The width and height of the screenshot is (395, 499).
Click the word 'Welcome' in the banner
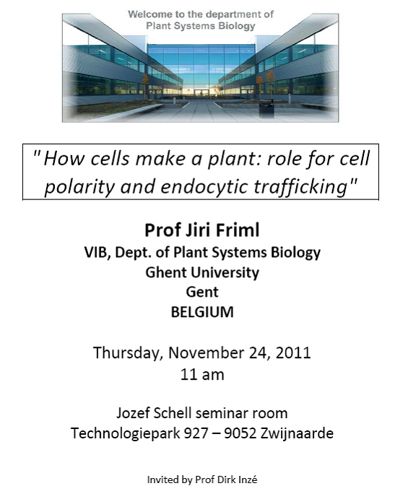point(145,14)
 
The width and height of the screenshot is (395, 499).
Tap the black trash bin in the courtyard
point(266,108)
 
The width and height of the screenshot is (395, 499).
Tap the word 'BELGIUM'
point(202,312)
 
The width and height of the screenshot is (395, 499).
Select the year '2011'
point(293,352)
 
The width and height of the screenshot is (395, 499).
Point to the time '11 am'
point(202,374)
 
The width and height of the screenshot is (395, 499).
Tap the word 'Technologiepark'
point(125,433)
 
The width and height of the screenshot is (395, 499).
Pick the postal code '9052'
point(240,433)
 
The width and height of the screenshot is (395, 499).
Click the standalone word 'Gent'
point(202,292)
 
